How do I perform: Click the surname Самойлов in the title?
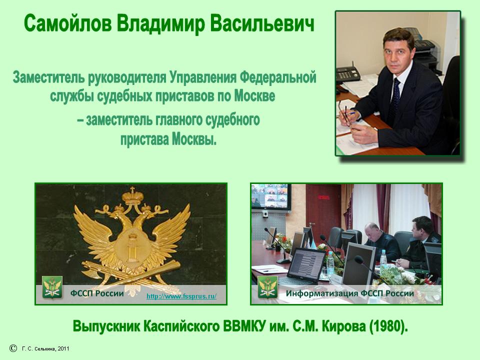tap(67, 23)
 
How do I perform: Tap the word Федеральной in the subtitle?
tap(277, 78)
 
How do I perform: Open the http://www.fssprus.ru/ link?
tap(181, 296)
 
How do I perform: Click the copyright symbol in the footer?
tap(13, 348)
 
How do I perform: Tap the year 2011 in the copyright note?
tap(63, 348)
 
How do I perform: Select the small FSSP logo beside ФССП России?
tap(52, 287)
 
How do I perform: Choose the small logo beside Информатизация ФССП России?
tap(268, 287)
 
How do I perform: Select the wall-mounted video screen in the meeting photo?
tap(270, 197)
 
